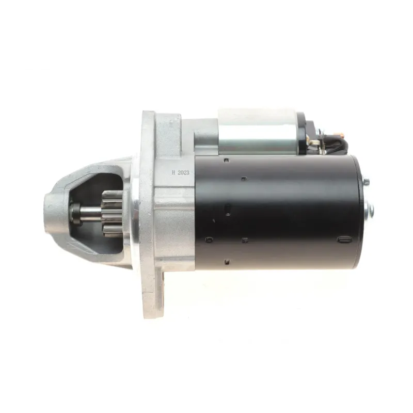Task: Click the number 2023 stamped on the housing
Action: (183, 172)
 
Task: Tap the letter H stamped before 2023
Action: (173, 173)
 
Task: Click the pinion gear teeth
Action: (112, 213)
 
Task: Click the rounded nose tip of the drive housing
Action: (50, 214)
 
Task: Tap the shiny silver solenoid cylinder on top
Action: (258, 132)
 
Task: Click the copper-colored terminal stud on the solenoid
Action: (342, 136)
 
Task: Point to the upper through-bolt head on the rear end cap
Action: (366, 182)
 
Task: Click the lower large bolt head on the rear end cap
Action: (370, 208)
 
